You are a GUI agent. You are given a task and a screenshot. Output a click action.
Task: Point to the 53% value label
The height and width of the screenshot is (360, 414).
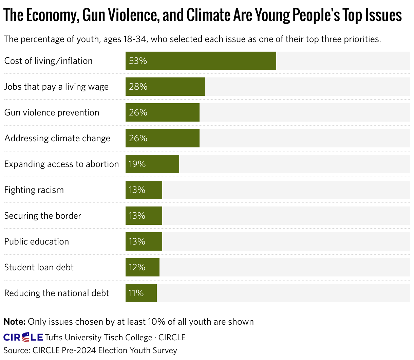pos(138,61)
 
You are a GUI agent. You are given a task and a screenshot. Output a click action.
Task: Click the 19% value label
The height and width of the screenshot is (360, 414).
pos(137,164)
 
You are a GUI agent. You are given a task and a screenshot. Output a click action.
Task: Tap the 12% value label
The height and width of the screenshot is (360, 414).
pos(137,267)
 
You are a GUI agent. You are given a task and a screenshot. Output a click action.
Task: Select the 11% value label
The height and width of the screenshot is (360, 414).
pos(136,293)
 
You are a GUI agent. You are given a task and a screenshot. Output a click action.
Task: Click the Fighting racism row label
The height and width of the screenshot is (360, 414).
pos(34,190)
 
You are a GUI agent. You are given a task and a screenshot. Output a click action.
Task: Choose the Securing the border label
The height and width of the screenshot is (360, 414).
pos(43,216)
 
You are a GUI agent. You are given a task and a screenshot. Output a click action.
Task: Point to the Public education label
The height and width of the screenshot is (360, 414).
pos(37,241)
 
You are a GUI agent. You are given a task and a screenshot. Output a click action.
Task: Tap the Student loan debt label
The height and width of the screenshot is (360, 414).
pos(39,267)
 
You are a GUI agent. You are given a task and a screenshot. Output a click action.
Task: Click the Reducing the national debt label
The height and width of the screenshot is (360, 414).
pos(57,293)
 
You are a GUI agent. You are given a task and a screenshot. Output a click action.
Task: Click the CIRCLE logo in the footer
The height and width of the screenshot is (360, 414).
pos(23,337)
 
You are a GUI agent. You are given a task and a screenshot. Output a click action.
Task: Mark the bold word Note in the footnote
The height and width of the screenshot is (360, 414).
pos(14,322)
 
